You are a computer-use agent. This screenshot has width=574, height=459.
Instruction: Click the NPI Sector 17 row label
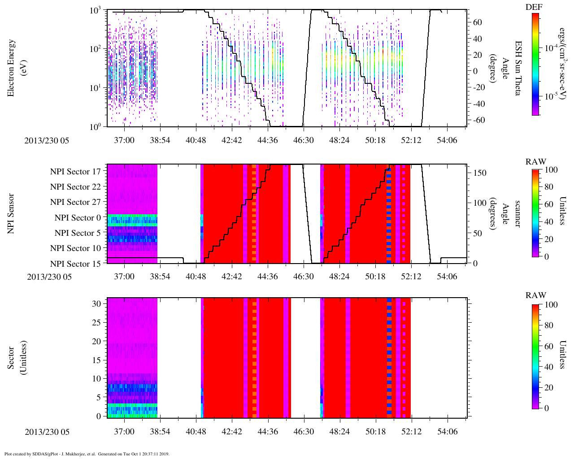[75, 171]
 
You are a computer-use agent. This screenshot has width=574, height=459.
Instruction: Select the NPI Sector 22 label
[75, 186]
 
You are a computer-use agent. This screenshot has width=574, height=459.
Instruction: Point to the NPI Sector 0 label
[78, 217]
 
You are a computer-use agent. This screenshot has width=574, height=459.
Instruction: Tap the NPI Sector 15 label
[75, 264]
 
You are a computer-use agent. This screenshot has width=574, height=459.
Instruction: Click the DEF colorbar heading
[535, 7]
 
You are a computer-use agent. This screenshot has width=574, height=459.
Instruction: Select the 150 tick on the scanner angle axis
[480, 173]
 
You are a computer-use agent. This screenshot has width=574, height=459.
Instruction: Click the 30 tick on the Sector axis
[97, 303]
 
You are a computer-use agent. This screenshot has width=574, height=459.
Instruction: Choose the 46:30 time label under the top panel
[303, 140]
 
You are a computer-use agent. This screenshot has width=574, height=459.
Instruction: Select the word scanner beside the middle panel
[517, 214]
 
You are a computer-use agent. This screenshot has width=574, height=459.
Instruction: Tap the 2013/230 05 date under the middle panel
[49, 277]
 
